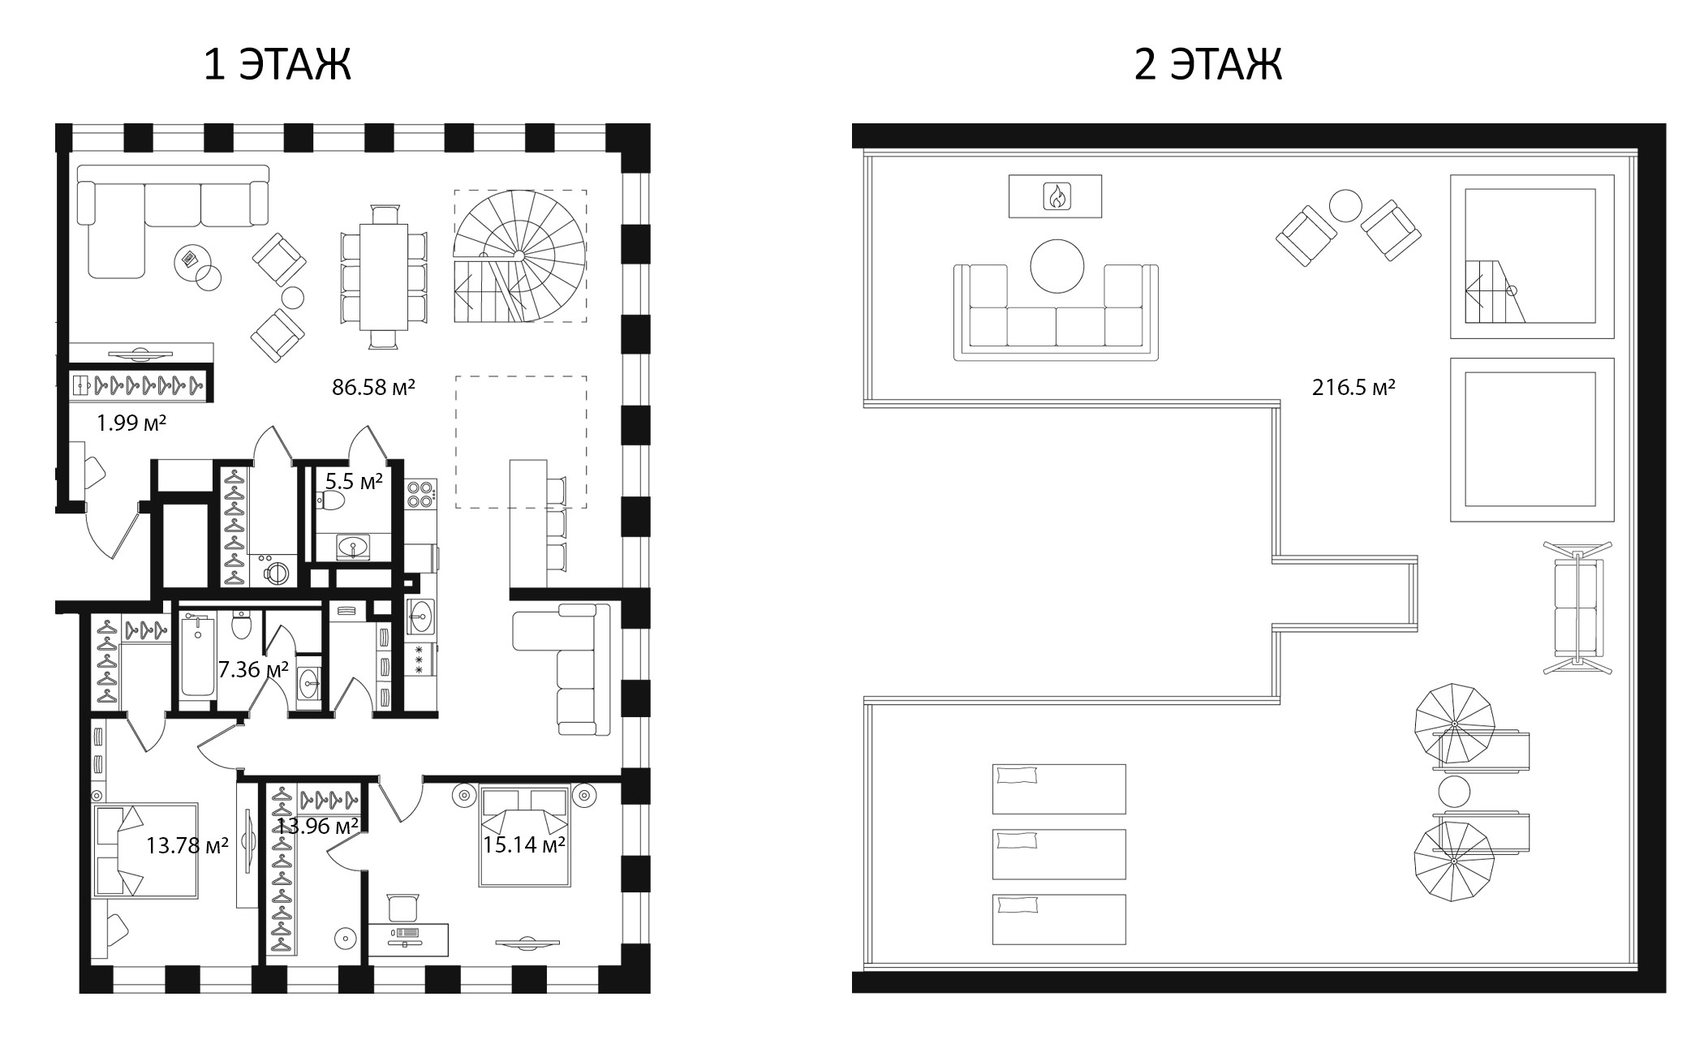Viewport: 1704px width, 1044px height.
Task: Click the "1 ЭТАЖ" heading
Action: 277,64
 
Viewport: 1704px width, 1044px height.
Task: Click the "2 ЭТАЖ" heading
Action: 1207,64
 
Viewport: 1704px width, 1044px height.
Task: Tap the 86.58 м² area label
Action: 373,387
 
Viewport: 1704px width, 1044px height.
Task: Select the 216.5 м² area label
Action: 1353,387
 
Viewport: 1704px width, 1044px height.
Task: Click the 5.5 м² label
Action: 354,482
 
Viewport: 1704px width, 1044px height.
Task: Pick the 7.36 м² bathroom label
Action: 253,670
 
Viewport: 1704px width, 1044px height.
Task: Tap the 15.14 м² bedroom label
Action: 523,845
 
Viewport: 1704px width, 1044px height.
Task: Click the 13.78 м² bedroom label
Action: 187,845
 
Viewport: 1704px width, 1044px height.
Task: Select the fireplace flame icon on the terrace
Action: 1056,195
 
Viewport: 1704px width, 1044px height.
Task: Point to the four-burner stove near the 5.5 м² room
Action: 420,494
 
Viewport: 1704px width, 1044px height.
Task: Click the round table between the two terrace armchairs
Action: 1345,206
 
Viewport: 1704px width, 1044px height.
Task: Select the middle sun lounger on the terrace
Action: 1059,853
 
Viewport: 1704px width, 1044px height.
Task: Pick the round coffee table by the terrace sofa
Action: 1056,265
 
